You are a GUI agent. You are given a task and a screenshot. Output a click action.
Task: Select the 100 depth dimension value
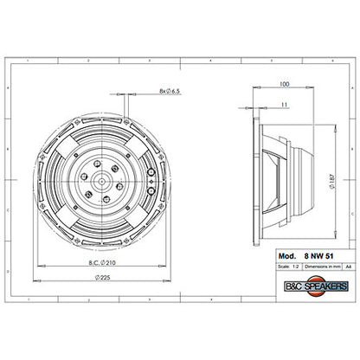click(285, 85)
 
